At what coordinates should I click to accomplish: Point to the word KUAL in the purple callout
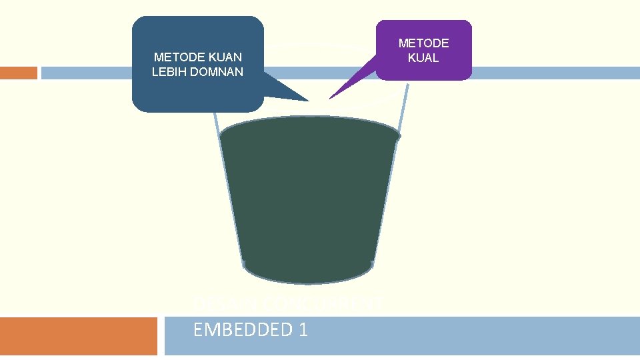[x=423, y=58]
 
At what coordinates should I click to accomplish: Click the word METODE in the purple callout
[x=423, y=43]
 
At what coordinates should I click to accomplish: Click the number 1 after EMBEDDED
[x=303, y=329]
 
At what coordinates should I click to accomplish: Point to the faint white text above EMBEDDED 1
[x=287, y=304]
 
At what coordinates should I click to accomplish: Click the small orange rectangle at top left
[x=18, y=73]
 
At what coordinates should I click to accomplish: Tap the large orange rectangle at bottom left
[x=78, y=336]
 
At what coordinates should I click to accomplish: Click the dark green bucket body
[x=309, y=200]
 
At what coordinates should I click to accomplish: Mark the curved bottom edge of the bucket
[x=308, y=281]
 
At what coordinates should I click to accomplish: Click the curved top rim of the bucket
[x=308, y=119]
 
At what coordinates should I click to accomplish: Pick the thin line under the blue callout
[x=217, y=127]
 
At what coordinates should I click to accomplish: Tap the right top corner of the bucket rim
[x=399, y=136]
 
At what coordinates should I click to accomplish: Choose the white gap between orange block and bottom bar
[x=161, y=336]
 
